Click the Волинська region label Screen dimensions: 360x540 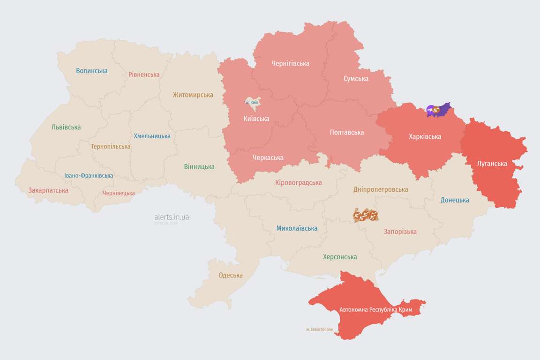pos(92,71)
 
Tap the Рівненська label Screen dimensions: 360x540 pos(144,75)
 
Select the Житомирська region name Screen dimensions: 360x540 pos(193,95)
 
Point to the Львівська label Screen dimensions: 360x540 pos(66,127)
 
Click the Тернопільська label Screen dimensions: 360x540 pos(111,146)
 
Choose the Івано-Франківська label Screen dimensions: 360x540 pos(89,176)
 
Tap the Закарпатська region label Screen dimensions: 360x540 pos(48,190)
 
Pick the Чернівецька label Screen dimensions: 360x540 pos(119,193)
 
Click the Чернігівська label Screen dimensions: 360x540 pos(290,63)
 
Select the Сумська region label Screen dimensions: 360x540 pos(356,78)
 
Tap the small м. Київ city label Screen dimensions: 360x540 pos(252,102)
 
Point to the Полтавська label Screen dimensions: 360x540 pos(347,132)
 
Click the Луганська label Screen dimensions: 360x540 pos(492,164)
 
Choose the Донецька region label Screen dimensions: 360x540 pos(455,200)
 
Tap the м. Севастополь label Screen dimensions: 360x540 pos(319,330)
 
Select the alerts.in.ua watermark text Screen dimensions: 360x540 pos(172,217)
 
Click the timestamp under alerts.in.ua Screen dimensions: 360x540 pos(166,224)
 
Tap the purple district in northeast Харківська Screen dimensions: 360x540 pos(443,109)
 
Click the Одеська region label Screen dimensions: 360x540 pos(231,275)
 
